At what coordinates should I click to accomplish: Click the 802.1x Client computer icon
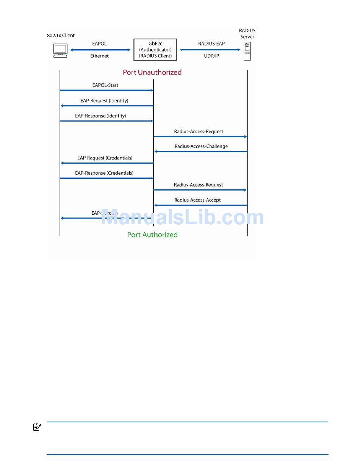pos(61,50)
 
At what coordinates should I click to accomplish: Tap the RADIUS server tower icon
pos(247,52)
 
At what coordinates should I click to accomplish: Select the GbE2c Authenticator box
pos(155,50)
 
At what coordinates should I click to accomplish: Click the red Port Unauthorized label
pos(152,72)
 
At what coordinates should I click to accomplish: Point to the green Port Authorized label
pos(152,235)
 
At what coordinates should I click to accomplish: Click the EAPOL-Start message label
pos(105,85)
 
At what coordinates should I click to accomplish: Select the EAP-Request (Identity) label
pos(104,101)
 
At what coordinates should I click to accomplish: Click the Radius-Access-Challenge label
pos(201,146)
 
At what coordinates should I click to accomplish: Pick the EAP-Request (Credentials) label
pos(105,158)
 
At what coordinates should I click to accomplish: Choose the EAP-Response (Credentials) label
pos(104,173)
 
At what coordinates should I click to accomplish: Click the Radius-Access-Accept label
pos(197,200)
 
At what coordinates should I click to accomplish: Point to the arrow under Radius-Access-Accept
pos(201,205)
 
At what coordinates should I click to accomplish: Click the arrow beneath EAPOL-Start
pos(106,91)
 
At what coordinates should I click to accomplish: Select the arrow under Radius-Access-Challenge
pos(201,152)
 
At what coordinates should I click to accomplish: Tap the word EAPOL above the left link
pos(100,44)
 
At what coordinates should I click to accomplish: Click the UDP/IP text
pos(211,56)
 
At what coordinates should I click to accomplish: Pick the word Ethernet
pos(99,56)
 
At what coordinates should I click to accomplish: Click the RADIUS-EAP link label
pos(211,44)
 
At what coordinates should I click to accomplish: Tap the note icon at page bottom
pos(37,427)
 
